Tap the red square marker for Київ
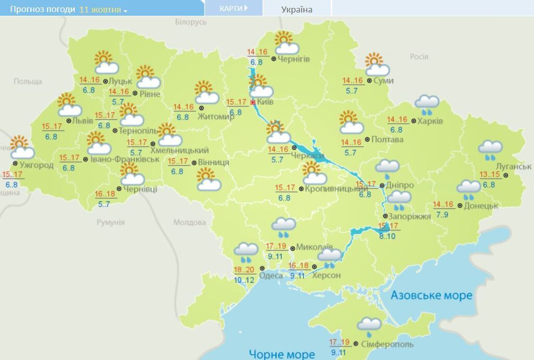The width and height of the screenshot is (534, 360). click(x=253, y=103)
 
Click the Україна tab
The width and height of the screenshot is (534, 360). click(x=297, y=9)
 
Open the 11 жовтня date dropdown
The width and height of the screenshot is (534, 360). click(x=103, y=10)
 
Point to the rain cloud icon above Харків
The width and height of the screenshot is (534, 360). click(x=427, y=105)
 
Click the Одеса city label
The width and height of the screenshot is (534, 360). click(x=271, y=275)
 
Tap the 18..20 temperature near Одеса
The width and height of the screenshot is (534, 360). click(x=244, y=270)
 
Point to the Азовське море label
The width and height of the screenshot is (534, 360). click(x=432, y=296)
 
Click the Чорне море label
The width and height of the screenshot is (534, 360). click(x=282, y=354)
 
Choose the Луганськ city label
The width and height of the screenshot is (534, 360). click(x=514, y=166)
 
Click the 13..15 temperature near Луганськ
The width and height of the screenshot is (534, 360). click(x=489, y=175)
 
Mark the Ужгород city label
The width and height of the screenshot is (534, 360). click(x=37, y=165)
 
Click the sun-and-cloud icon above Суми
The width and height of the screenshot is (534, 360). click(x=377, y=65)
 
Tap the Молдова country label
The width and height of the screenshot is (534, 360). click(x=189, y=222)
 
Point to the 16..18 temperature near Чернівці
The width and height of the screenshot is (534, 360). click(x=106, y=194)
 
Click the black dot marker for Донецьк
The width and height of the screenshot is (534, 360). click(x=459, y=206)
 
